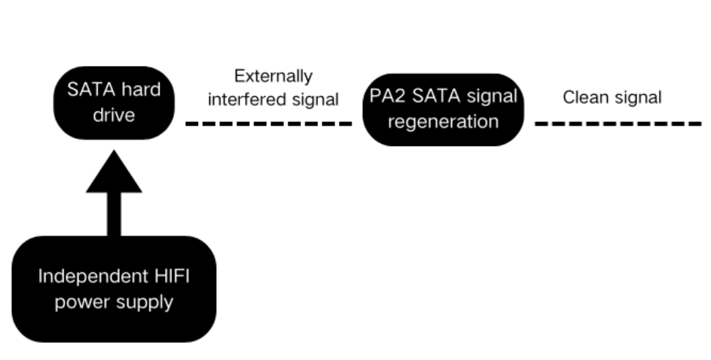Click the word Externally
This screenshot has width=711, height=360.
coord(273,76)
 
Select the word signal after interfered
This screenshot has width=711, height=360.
coord(312,100)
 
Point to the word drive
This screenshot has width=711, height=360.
coord(114,114)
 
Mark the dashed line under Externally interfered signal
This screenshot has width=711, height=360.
coord(268,124)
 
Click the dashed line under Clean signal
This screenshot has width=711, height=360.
coord(618,124)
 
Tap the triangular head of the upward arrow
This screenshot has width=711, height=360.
coord(114,175)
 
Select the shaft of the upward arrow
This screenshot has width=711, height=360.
coord(114,213)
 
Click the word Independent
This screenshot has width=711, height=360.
coord(82,276)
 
